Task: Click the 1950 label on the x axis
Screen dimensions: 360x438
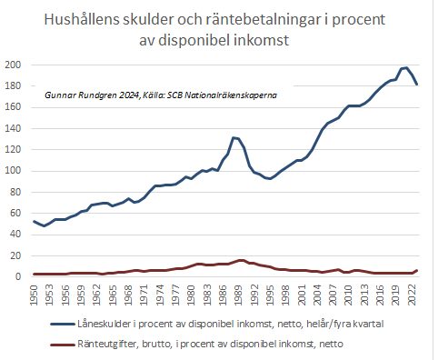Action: [x=35, y=295]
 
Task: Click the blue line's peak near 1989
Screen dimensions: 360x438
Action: [x=234, y=137]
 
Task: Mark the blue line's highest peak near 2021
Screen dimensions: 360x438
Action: [x=404, y=68]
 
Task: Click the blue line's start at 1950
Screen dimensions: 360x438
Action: [x=35, y=221]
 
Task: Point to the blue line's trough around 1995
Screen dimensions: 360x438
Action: [x=269, y=179]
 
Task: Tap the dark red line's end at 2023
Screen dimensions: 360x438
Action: [x=416, y=271]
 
